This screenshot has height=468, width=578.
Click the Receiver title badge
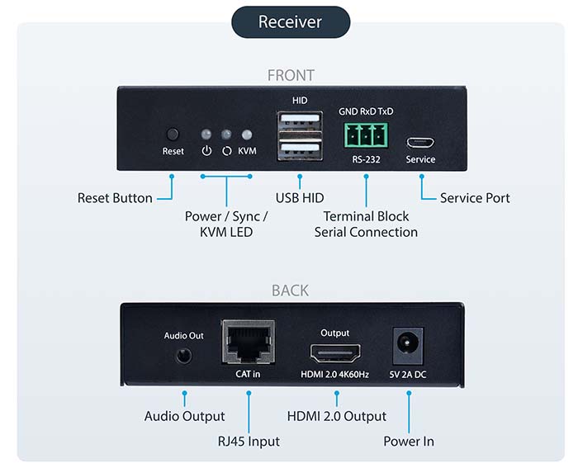tap(290, 21)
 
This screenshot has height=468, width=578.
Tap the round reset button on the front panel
tap(173, 134)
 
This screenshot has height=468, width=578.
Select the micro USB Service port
tap(419, 140)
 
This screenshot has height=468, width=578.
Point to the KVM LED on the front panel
tap(246, 135)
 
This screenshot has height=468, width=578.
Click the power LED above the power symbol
tap(206, 135)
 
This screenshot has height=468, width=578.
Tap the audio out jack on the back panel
tap(183, 356)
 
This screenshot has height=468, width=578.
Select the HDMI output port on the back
tap(334, 355)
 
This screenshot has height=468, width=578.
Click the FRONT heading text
tap(291, 75)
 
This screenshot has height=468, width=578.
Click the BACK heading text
tap(290, 291)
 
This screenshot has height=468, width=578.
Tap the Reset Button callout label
tap(115, 198)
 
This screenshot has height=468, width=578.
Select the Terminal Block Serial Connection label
tap(366, 225)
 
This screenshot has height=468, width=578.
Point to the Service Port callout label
tap(475, 198)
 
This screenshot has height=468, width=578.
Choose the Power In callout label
tap(408, 442)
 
